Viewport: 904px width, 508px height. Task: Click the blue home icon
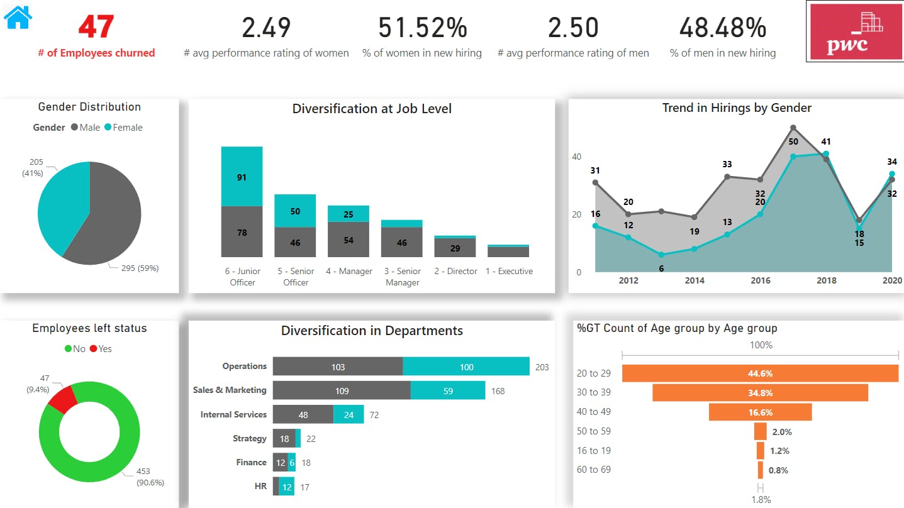[x=18, y=17]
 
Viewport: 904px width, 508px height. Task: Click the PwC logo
[x=854, y=31]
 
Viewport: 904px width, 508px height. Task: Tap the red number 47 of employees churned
[x=96, y=27]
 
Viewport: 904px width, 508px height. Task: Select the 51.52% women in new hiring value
[x=422, y=28]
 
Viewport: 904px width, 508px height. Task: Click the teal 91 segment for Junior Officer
[x=242, y=177]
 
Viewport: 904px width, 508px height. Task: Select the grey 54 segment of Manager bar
[x=349, y=240]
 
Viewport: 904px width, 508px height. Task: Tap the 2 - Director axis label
[x=455, y=272]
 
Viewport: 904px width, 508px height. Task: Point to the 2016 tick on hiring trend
[x=761, y=280]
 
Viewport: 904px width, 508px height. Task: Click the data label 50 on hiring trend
[x=793, y=142]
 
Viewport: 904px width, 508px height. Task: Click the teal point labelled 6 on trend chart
[x=661, y=255]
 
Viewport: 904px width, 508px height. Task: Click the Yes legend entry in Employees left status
[x=101, y=349]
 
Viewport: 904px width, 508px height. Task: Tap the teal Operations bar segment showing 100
[x=466, y=367]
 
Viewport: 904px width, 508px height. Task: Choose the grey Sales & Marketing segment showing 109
[x=342, y=390]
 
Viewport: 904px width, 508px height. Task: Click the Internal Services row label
[x=233, y=414]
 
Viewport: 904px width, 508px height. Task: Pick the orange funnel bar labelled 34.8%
[x=760, y=393]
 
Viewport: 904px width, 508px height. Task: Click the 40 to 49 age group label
[x=593, y=412]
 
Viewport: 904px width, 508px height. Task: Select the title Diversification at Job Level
[x=372, y=109]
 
